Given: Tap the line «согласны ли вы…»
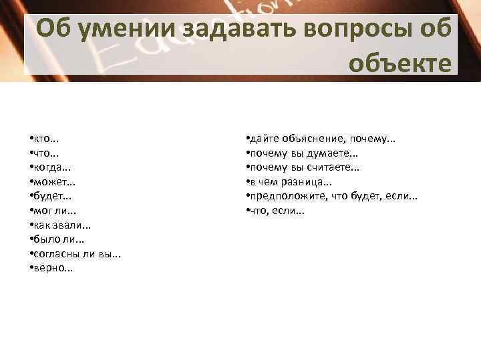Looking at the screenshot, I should (x=77, y=255).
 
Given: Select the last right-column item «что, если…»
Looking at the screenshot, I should (x=276, y=211).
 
